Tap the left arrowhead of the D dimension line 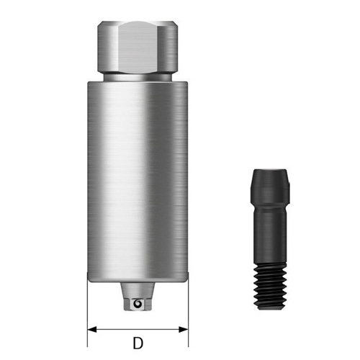[91, 329]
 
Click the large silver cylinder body [137, 180]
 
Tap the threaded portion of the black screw [268, 284]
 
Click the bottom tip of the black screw [268, 307]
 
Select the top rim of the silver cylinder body [137, 83]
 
